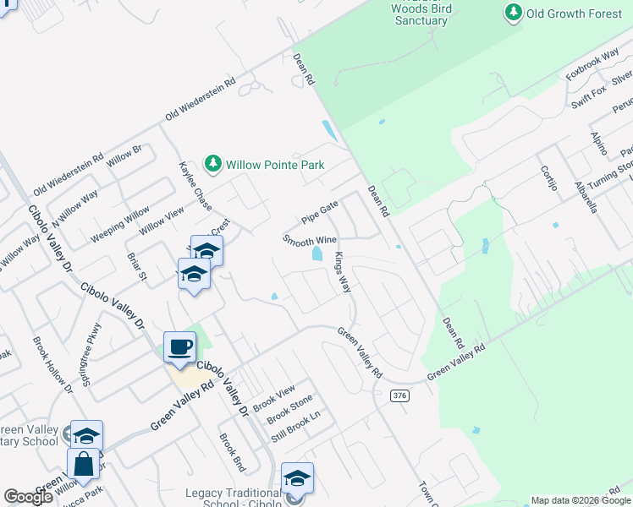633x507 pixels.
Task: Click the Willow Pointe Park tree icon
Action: click(213, 163)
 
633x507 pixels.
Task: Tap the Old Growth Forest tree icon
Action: click(513, 12)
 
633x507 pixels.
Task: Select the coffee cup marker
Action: click(179, 347)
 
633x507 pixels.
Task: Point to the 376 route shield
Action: click(400, 395)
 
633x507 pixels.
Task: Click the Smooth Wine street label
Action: click(310, 241)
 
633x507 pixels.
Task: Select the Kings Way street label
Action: click(343, 273)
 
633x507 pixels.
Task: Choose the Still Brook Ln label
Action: click(297, 428)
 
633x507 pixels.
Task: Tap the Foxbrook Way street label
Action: click(594, 67)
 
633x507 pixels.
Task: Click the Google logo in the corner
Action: click(29, 497)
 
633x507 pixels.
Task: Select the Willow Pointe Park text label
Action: click(276, 164)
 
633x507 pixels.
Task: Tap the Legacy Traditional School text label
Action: click(234, 493)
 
